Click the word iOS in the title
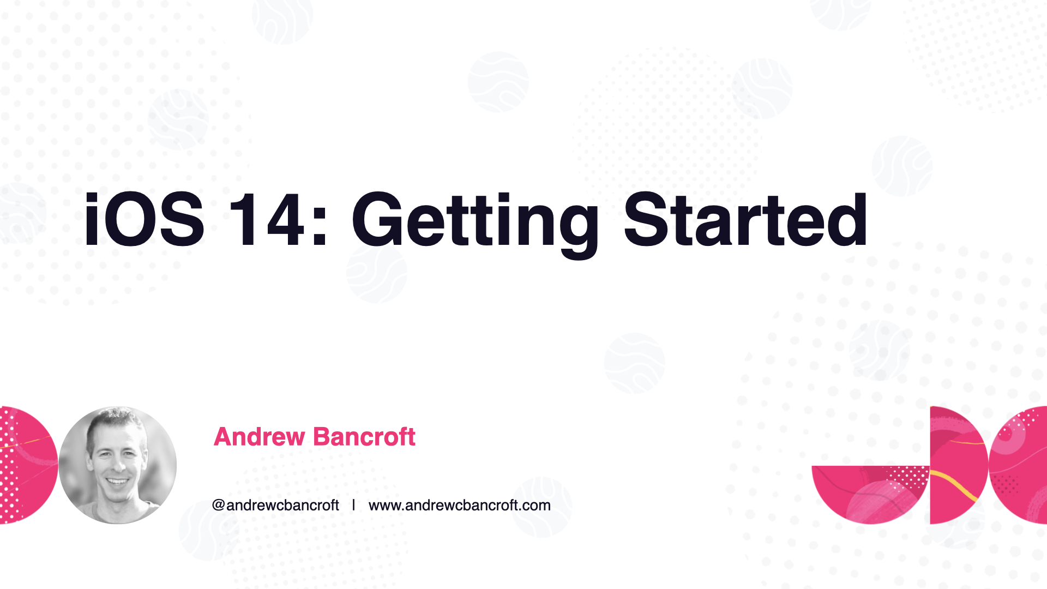[145, 220]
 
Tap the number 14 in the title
[266, 220]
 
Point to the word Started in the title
[745, 220]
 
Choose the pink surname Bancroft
[365, 437]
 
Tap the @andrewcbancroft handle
[275, 505]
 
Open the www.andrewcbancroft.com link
[460, 505]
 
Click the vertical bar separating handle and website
[353, 505]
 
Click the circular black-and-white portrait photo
[118, 465]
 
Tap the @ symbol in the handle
[219, 505]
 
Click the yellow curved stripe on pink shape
[954, 484]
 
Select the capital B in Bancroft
[322, 437]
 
